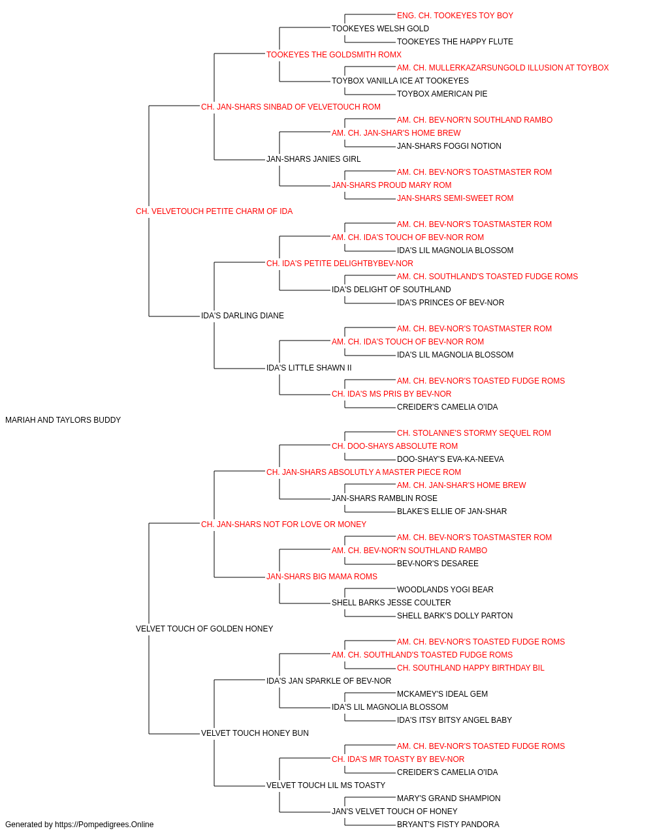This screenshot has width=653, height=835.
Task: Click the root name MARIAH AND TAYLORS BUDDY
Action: tap(63, 420)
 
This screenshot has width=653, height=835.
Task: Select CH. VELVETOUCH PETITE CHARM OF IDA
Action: tap(214, 211)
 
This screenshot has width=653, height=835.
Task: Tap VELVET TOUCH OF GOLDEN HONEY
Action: tap(204, 629)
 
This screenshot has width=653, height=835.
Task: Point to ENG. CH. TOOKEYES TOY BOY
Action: tap(455, 16)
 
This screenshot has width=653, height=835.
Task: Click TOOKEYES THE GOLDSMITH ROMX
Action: tap(334, 55)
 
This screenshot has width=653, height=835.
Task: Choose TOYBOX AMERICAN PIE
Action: tap(442, 94)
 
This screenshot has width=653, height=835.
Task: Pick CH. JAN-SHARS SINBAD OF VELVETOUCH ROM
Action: tap(291, 107)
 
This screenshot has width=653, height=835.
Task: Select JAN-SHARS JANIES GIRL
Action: tap(313, 159)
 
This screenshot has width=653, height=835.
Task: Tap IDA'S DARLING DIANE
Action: tap(242, 316)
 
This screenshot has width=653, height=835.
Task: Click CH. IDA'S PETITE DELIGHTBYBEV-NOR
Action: tap(340, 264)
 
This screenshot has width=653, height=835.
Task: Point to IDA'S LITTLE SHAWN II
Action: tap(309, 368)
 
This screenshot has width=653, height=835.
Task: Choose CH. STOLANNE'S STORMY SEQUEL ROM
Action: tap(474, 433)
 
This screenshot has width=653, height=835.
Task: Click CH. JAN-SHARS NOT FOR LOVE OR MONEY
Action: tap(283, 524)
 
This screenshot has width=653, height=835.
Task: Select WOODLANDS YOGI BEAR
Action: tap(445, 590)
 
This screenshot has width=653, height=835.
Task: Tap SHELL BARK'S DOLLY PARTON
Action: tap(454, 616)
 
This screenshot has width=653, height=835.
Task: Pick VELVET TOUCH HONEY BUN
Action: tap(255, 733)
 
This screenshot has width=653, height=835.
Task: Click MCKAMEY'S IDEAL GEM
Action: tap(442, 694)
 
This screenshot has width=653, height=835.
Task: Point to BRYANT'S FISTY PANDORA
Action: tap(448, 825)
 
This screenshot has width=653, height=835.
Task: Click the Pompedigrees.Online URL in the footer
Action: tap(104, 825)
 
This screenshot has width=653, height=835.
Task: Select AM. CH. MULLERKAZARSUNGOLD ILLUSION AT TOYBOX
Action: tap(503, 68)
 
